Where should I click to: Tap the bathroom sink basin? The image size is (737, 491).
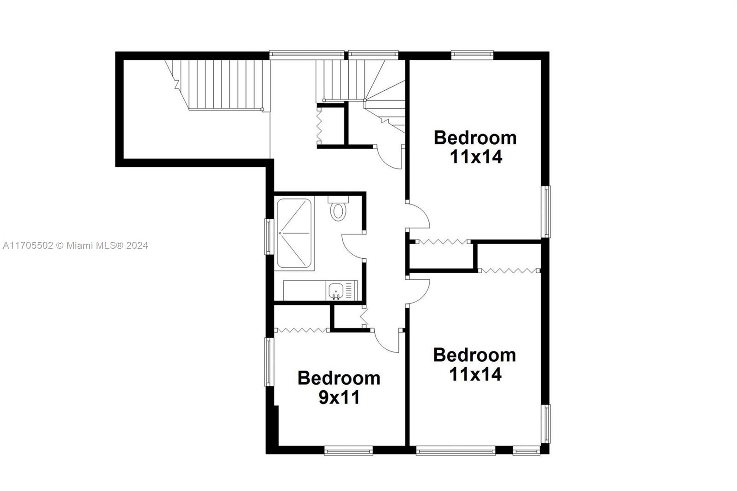coord(335,291)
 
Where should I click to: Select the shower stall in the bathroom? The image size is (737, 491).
coord(294,233)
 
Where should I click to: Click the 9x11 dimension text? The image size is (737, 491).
coord(339,397)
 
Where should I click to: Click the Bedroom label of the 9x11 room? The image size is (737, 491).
coord(339,378)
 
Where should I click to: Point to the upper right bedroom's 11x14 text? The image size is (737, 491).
coord(476,157)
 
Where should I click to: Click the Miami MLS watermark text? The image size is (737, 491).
coord(76,245)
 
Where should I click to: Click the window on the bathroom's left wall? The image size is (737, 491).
coord(269,236)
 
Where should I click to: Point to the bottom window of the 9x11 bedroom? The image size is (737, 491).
coord(348,450)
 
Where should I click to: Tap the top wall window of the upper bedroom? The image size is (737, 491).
coord(472,55)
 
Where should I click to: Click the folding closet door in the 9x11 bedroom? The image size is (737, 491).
coord(301,330)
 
